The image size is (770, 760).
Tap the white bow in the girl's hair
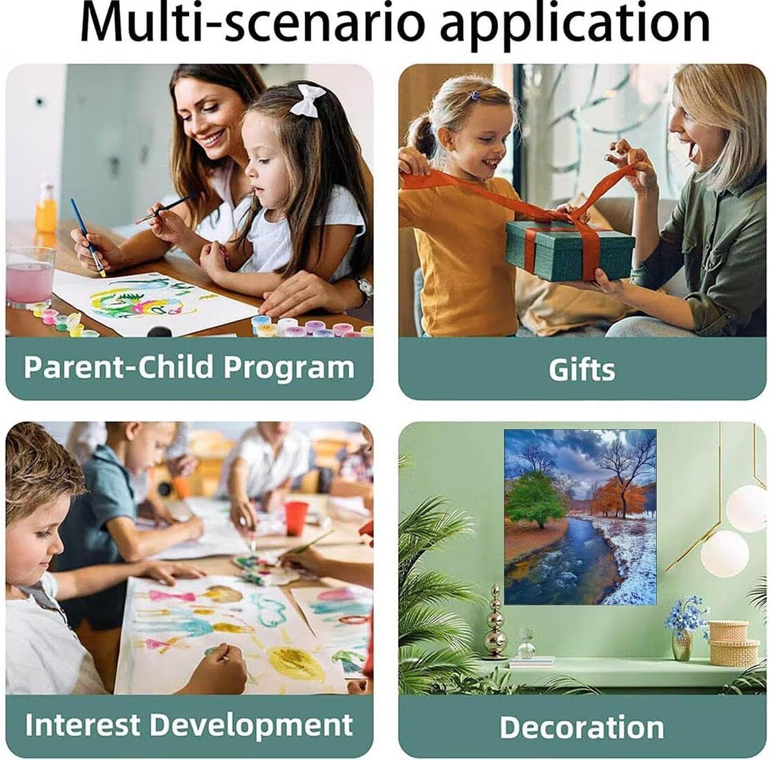pyautogui.click(x=308, y=99)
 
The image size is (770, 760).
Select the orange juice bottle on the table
pyautogui.click(x=46, y=209)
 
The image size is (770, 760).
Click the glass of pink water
pyautogui.click(x=30, y=277)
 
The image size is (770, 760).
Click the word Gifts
pyautogui.click(x=582, y=370)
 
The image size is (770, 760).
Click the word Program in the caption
pyautogui.click(x=288, y=368)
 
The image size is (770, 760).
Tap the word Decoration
pyautogui.click(x=582, y=727)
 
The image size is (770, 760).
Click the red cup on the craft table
pyautogui.click(x=296, y=519)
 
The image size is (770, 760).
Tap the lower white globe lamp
pyautogui.click(x=724, y=554)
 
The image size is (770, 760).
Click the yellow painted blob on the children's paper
pyautogui.click(x=295, y=662)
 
